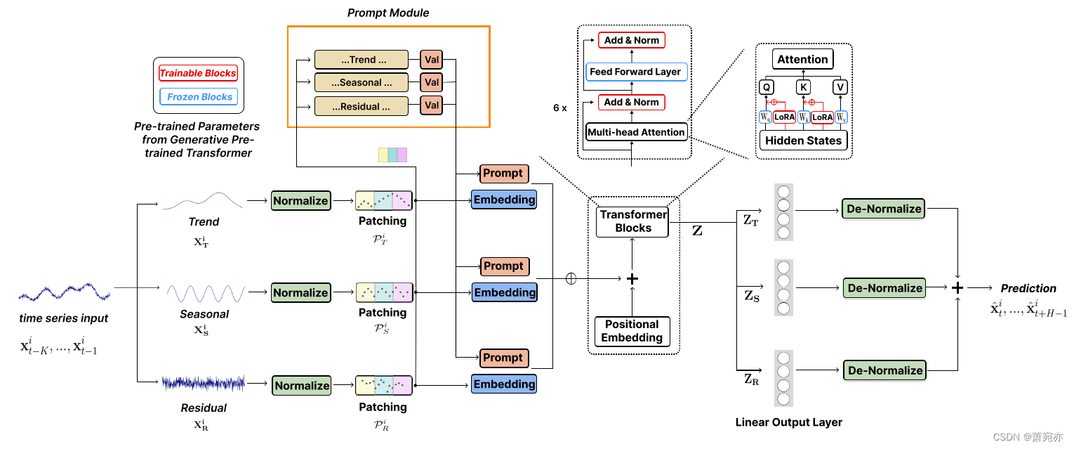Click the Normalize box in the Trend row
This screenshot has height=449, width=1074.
tap(300, 201)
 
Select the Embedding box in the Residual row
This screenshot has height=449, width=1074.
tap(504, 384)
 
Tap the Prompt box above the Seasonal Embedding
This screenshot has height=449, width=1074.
tap(504, 266)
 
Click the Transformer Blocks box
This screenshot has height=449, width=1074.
tap(633, 221)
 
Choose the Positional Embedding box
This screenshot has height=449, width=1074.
tap(632, 331)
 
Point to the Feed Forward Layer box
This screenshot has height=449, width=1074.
tap(635, 72)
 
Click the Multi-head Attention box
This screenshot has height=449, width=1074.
tap(636, 132)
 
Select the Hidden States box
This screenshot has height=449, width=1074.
tap(803, 141)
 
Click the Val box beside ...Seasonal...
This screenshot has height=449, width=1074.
tap(432, 83)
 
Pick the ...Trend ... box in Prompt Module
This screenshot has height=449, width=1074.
tap(361, 60)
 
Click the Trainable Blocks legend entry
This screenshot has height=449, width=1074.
tap(198, 73)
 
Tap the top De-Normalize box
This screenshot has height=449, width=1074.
tap(884, 209)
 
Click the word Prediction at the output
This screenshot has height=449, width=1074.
tap(1028, 288)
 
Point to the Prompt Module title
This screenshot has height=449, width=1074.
tap(388, 13)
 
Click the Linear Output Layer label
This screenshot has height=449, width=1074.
tap(788, 422)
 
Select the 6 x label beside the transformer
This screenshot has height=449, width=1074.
tap(559, 108)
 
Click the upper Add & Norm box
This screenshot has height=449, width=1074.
tap(632, 41)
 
